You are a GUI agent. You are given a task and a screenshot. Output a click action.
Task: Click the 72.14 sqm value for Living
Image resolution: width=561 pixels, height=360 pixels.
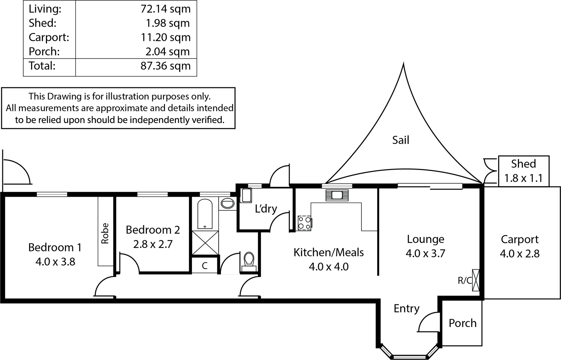pos(166,9)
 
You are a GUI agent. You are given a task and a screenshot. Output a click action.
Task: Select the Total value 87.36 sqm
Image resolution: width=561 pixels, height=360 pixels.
pos(166,66)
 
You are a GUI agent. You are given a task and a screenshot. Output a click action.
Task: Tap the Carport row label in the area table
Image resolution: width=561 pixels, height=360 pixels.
pos(49,37)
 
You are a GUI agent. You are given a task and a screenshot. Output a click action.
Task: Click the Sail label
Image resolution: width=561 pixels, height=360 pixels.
pos(401,140)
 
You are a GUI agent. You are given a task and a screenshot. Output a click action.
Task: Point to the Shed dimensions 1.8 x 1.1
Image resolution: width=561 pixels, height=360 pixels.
pos(523,178)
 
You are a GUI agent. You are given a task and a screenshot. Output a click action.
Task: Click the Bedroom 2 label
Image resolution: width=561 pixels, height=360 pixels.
pos(153,230)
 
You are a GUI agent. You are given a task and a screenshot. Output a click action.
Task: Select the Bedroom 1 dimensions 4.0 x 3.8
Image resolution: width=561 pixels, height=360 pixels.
pos(55,262)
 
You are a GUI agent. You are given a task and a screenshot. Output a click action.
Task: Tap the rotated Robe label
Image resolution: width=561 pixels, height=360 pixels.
pos(105,233)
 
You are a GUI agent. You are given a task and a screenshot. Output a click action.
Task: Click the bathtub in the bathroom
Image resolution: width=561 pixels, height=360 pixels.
pos(205,214)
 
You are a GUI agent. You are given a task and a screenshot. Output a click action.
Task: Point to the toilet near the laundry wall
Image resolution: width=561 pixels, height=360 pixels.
pos(249,262)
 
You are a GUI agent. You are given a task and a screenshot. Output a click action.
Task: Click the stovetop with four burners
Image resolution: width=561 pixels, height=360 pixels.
pos(304,223)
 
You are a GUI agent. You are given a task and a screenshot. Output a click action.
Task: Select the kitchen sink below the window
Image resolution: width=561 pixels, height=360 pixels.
pos(337,195)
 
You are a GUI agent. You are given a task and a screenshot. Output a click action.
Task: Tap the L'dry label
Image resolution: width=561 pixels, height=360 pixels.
pos(266,209)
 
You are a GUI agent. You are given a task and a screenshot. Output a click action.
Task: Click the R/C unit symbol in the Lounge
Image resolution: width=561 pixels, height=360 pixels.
pos(476,280)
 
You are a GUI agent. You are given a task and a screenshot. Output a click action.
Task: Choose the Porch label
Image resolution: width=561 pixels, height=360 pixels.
pos(463,323)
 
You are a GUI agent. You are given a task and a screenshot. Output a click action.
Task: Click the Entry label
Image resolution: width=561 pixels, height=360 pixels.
pos(406,309)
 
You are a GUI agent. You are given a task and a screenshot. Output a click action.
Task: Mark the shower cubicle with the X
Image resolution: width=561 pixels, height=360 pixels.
pos(205,243)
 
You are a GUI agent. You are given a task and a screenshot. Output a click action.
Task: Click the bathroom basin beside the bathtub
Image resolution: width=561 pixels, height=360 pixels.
pos(228,203)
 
